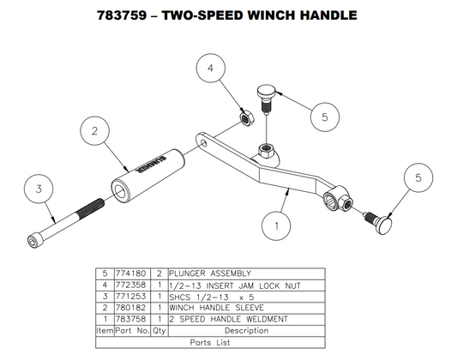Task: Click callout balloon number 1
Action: (276, 227)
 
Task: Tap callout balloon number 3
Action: (39, 186)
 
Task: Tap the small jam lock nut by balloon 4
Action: (244, 117)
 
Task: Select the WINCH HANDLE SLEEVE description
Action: (216, 307)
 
